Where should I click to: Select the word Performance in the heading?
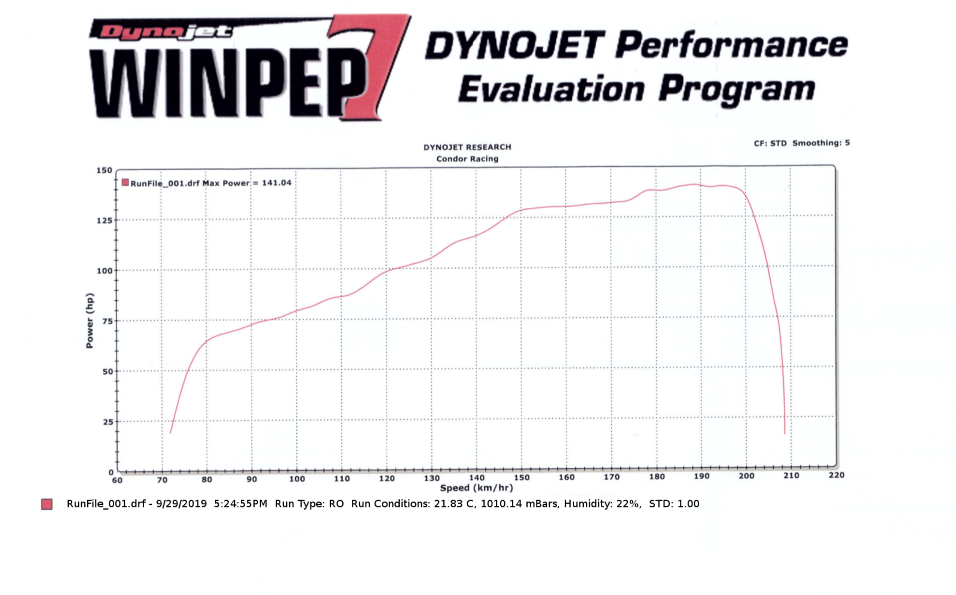click(x=731, y=45)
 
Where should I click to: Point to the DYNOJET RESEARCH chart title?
click(x=467, y=147)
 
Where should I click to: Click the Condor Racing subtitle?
click(x=467, y=159)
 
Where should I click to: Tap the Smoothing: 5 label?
click(x=821, y=143)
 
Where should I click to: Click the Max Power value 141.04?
click(x=277, y=183)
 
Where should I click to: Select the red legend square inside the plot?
click(x=125, y=182)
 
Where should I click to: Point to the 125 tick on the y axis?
click(x=105, y=220)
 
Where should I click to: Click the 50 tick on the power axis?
click(x=107, y=372)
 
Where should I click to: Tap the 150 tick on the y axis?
click(x=105, y=170)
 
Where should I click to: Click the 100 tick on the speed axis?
click(x=297, y=479)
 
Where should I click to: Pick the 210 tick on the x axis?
click(x=791, y=476)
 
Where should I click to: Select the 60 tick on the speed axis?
click(x=117, y=480)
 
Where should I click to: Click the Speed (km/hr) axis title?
click(x=476, y=488)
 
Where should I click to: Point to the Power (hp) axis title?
click(x=90, y=321)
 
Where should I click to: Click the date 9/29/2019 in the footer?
click(x=182, y=504)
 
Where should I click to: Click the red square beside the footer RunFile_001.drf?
click(x=47, y=504)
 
